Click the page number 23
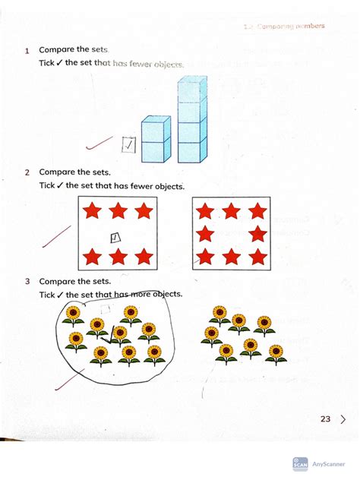(325, 418)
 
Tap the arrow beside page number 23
(344, 418)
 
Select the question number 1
(27, 51)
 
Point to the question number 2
(27, 172)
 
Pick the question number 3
(27, 282)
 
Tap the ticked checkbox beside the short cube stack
(128, 143)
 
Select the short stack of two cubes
(156, 140)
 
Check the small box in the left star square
(116, 237)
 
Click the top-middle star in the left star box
(117, 210)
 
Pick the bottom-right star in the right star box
(258, 257)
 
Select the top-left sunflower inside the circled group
(73, 313)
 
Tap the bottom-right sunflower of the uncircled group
(276, 353)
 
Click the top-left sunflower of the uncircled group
(220, 314)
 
